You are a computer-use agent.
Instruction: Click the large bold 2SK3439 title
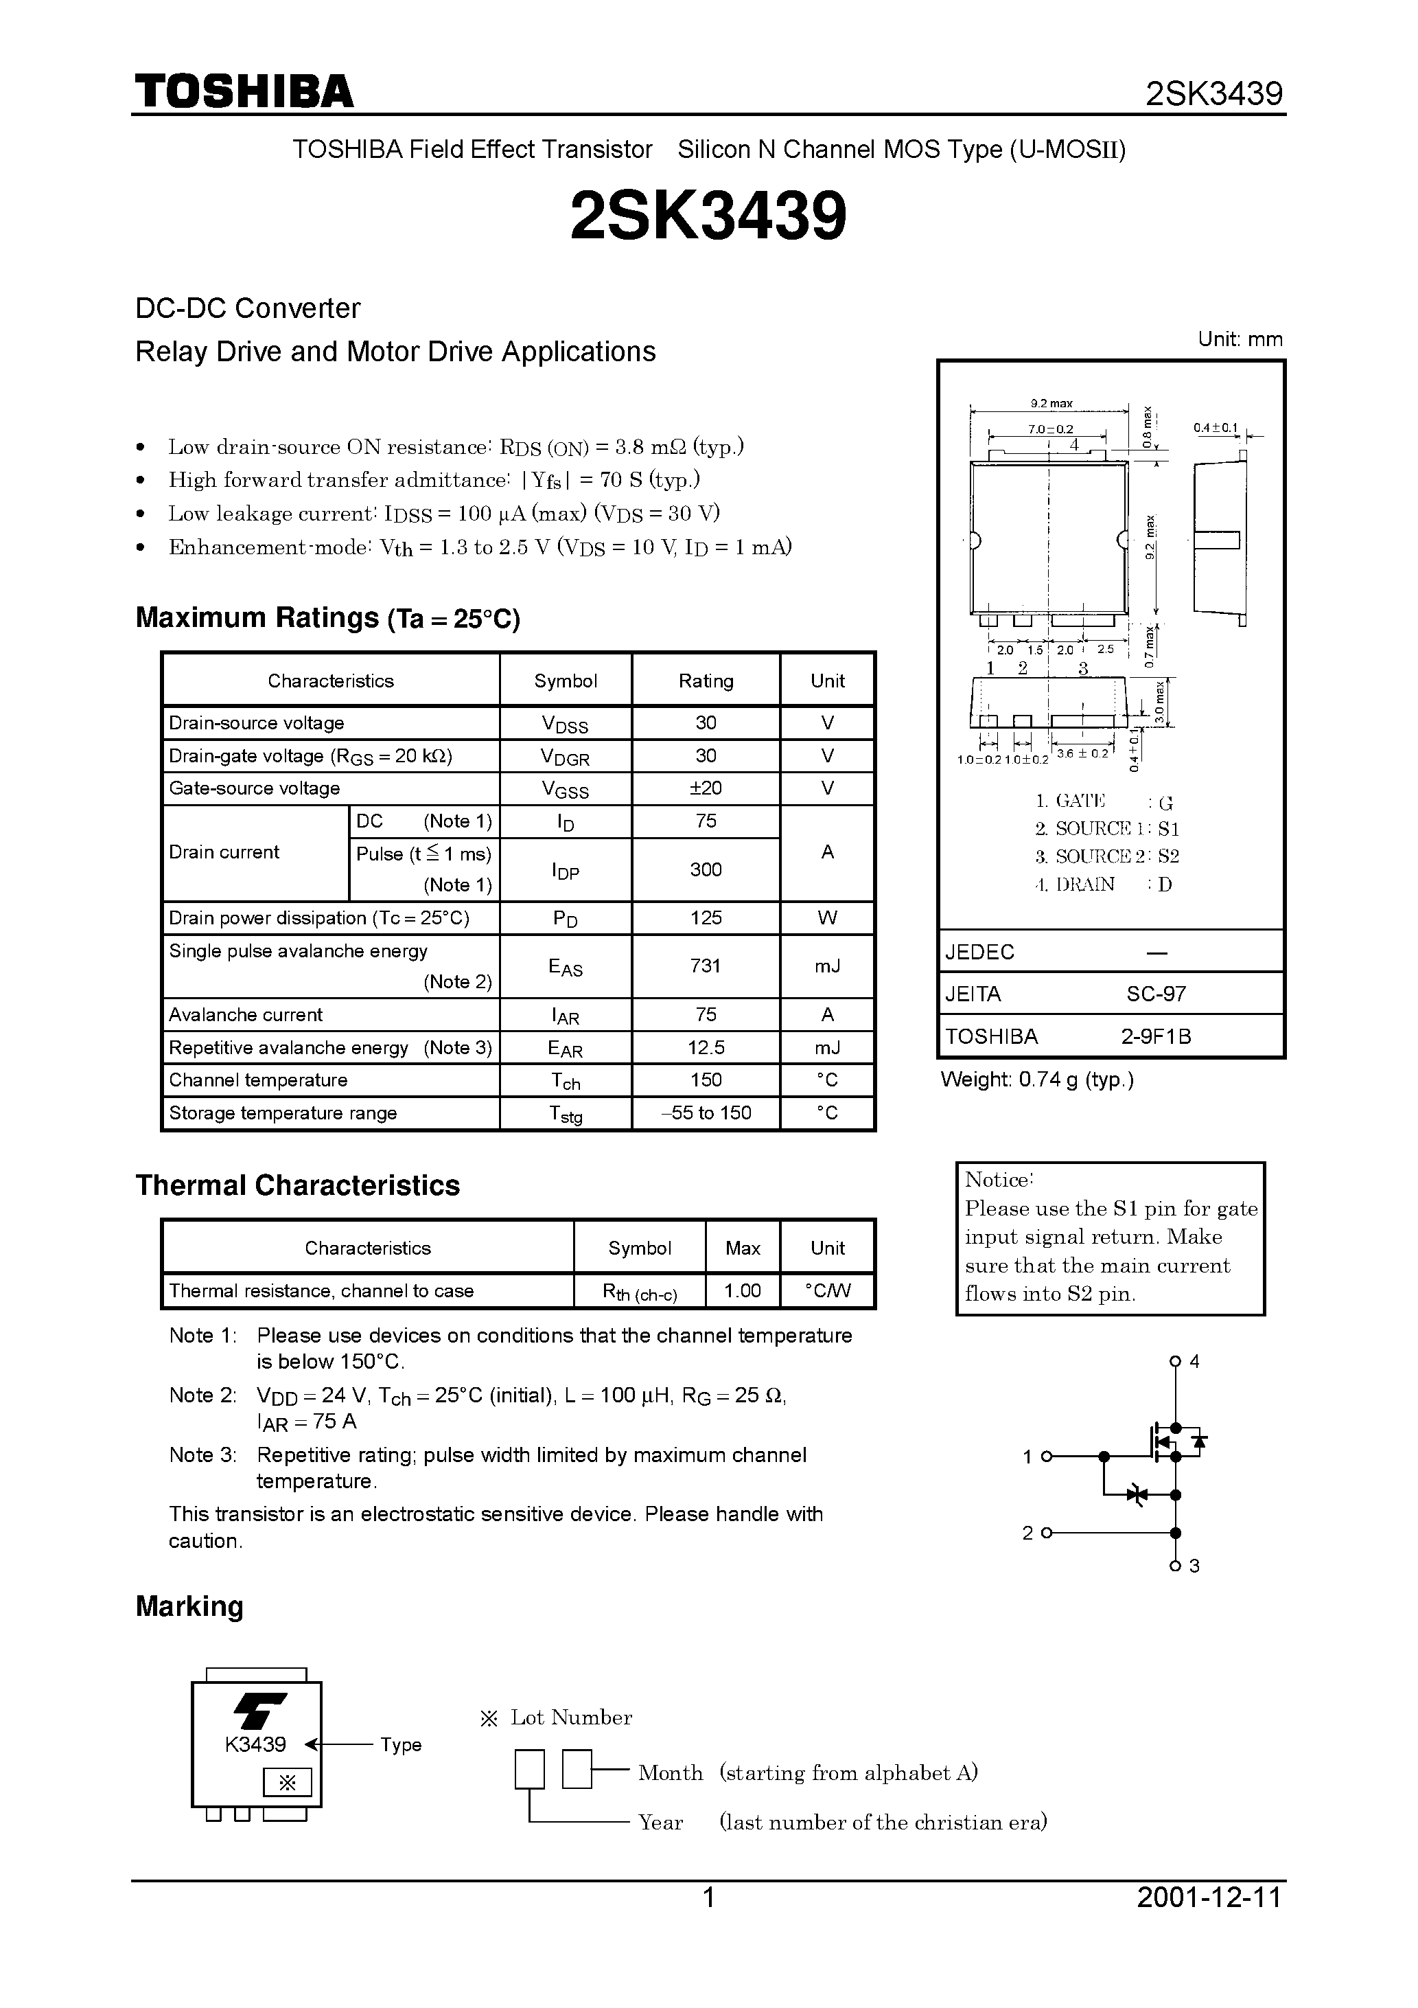[x=708, y=216]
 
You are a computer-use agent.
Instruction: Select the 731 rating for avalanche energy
[x=706, y=966]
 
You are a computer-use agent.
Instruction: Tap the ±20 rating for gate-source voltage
[x=706, y=788]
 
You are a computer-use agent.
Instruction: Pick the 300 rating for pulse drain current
[x=706, y=869]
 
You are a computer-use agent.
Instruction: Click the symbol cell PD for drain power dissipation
[x=565, y=918]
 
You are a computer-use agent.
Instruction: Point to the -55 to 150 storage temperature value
[x=706, y=1113]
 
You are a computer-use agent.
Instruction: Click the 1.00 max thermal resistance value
[x=742, y=1291]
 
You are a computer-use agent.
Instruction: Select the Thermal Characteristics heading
[x=297, y=1185]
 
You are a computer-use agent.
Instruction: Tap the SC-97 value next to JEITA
[x=1156, y=994]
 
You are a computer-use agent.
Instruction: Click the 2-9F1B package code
[x=1156, y=1036]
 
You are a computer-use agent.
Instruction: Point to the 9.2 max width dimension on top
[x=1051, y=403]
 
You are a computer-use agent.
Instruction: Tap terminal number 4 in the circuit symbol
[x=1194, y=1362]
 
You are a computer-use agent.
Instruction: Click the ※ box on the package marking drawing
[x=287, y=1782]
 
